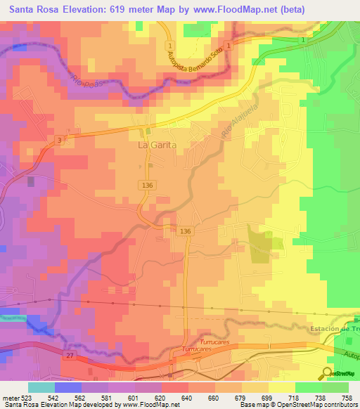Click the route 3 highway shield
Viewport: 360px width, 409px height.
coord(60,141)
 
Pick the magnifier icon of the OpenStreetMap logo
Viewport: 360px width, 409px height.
coord(328,373)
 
